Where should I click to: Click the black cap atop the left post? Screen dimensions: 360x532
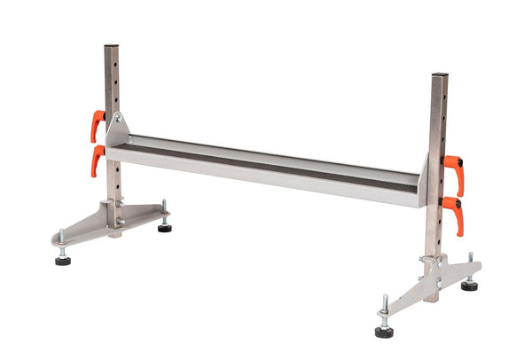pyautogui.click(x=111, y=46)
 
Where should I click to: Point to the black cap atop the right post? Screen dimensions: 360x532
pyautogui.click(x=439, y=74)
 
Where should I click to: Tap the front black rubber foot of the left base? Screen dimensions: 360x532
pyautogui.click(x=63, y=261)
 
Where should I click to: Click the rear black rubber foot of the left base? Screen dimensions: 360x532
pyautogui.click(x=165, y=228)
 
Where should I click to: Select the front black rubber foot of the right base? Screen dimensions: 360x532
pyautogui.click(x=384, y=332)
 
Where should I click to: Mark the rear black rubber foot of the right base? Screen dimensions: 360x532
pyautogui.click(x=469, y=286)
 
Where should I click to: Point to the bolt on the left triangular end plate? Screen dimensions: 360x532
pyautogui.click(x=118, y=117)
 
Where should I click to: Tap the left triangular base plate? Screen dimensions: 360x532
pyautogui.click(x=106, y=222)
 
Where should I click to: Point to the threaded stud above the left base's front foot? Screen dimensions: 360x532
pyautogui.click(x=61, y=241)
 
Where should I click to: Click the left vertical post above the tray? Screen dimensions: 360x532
pyautogui.click(x=112, y=80)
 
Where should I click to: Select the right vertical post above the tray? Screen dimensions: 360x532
pyautogui.click(x=437, y=115)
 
